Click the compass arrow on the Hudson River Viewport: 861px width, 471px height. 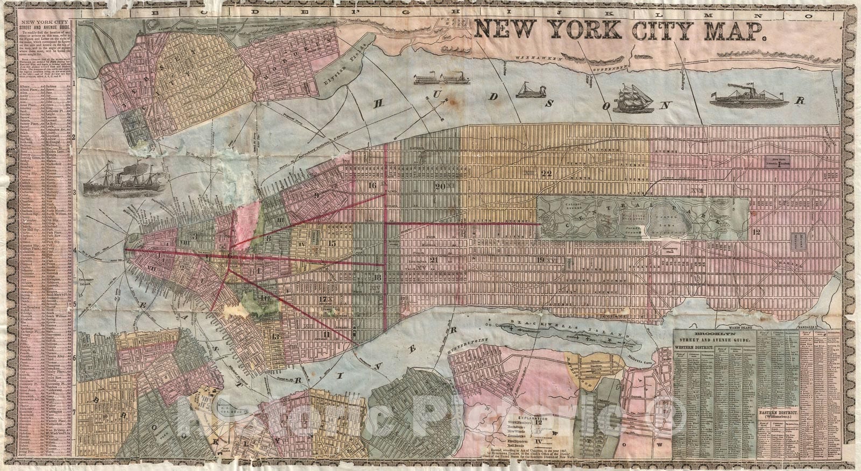pos(439,110)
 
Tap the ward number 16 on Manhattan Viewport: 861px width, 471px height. pos(372,186)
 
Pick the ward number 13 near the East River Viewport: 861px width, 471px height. pos(276,337)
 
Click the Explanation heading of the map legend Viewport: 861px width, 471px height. pos(533,417)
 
